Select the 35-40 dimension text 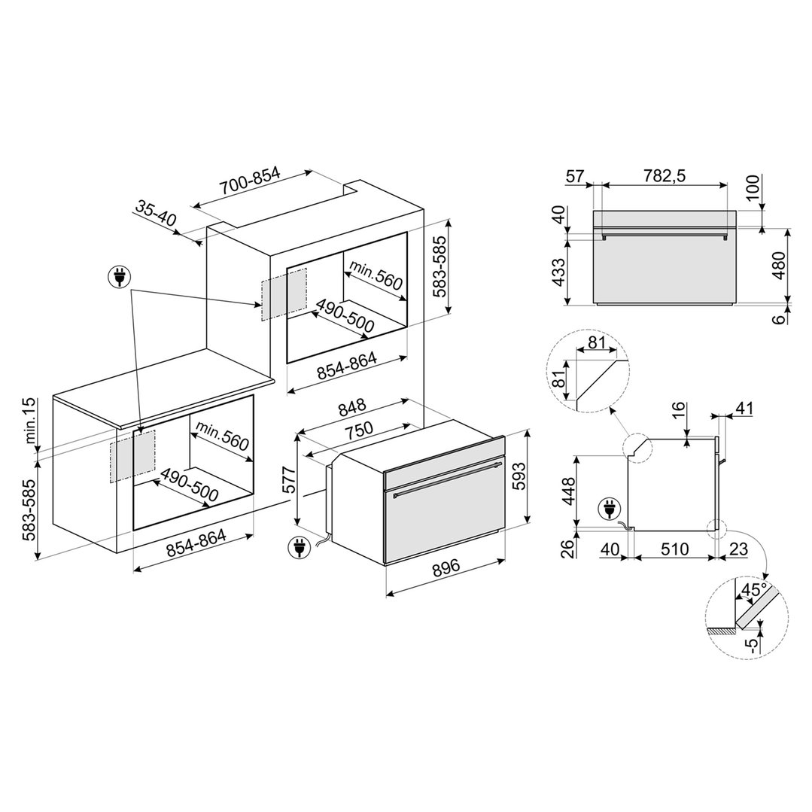(157, 214)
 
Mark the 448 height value (569, 491)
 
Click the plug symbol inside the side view (607, 510)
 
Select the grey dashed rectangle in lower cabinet (132, 456)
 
